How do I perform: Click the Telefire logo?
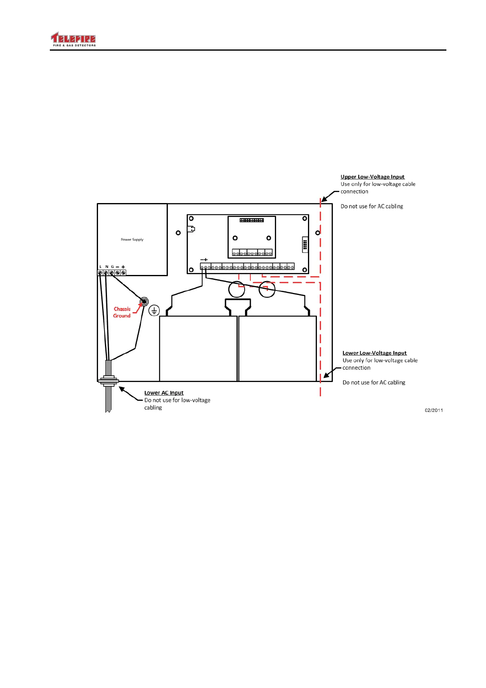[73, 39]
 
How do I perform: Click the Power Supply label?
[132, 240]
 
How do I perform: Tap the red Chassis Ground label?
[122, 312]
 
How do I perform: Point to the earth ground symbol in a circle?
[154, 310]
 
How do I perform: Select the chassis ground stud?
[144, 302]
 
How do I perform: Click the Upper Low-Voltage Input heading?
[372, 177]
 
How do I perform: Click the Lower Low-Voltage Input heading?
[375, 353]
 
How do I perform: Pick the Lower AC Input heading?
[164, 393]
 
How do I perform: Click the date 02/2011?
[434, 410]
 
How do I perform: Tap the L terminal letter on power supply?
[100, 267]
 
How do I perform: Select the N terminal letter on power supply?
[107, 267]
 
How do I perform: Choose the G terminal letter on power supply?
[112, 267]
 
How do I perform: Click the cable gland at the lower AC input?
[108, 381]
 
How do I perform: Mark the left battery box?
[198, 348]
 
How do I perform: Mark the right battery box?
[277, 348]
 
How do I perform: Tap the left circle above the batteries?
[236, 289]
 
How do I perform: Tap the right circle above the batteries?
[267, 289]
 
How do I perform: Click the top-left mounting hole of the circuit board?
[191, 219]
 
